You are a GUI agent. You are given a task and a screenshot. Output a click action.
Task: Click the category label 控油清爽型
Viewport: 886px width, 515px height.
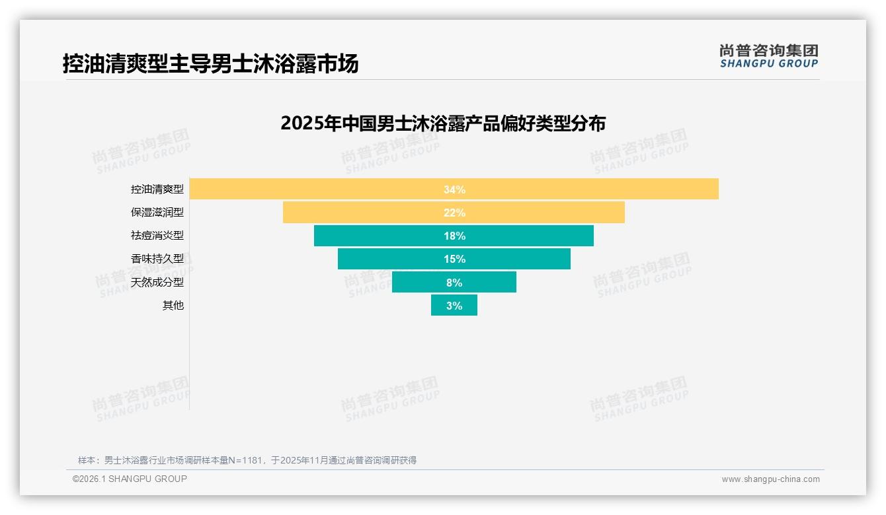pos(157,189)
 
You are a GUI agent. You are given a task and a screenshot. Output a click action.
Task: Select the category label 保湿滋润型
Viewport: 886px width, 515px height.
pos(157,213)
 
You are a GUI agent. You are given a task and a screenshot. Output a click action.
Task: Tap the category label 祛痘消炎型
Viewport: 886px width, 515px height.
pos(157,236)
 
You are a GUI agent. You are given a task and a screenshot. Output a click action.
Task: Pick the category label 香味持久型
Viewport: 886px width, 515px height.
pos(157,259)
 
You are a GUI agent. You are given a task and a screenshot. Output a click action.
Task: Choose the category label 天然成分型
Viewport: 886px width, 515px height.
pos(157,282)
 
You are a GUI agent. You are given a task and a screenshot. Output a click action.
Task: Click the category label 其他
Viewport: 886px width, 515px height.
pos(173,306)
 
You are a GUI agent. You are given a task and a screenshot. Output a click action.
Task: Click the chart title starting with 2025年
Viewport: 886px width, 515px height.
pos(443,123)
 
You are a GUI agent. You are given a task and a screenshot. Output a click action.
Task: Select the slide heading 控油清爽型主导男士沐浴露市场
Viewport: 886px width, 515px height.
pos(210,64)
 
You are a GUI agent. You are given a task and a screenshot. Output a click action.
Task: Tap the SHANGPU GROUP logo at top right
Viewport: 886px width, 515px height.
pos(768,56)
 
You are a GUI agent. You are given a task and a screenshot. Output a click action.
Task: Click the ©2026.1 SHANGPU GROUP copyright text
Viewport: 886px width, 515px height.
pos(130,479)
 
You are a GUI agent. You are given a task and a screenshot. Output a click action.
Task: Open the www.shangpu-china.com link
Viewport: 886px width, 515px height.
pos(770,479)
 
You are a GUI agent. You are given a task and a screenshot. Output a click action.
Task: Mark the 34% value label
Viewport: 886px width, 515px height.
pos(454,189)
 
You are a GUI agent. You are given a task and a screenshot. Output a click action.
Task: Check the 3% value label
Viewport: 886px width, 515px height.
pos(454,306)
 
